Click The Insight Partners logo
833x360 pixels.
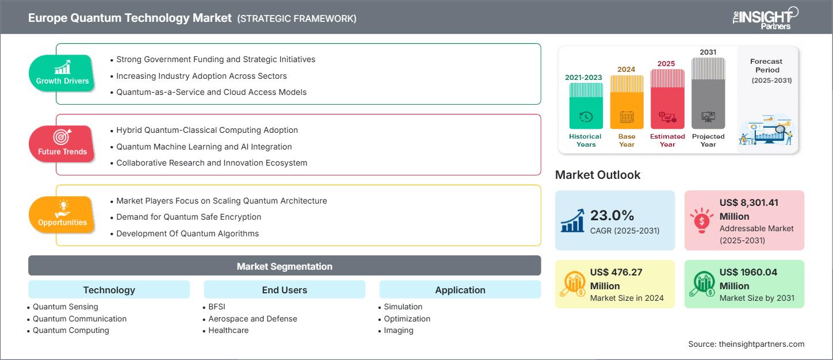point(765,18)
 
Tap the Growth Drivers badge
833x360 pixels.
point(62,74)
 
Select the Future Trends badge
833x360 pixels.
point(62,144)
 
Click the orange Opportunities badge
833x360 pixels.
point(62,215)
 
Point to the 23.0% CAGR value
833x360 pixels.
point(612,215)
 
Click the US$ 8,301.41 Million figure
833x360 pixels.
point(748,209)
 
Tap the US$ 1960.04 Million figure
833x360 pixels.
point(748,279)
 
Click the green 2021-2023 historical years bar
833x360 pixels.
point(586,106)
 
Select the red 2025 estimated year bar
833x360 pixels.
point(667,99)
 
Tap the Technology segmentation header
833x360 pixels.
point(109,290)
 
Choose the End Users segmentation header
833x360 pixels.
point(284,290)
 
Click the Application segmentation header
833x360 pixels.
point(460,290)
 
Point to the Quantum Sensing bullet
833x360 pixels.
point(65,307)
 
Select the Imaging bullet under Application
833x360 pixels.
point(398,330)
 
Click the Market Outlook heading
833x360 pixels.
point(598,175)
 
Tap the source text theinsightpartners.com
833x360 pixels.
point(746,344)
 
